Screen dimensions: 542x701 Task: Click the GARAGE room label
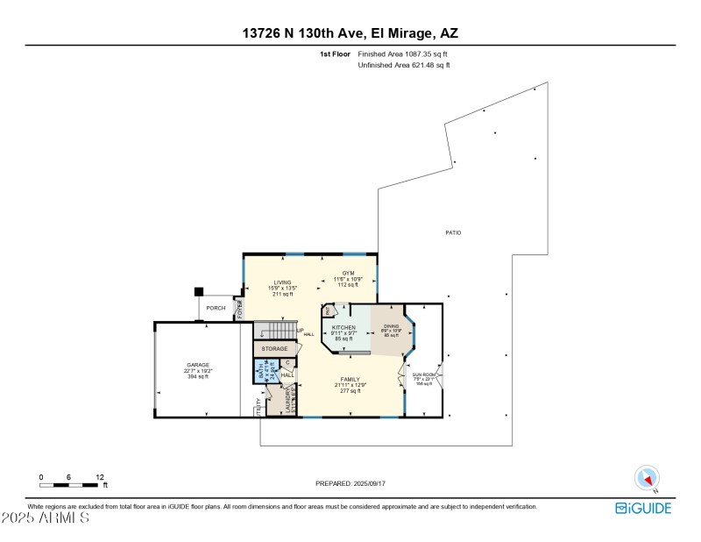click(197, 364)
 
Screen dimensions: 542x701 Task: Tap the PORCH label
click(215, 308)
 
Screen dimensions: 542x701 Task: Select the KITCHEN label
click(342, 326)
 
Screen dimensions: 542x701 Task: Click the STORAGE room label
click(274, 349)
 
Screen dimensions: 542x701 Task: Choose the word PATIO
click(452, 232)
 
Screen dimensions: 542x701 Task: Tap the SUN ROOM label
click(423, 375)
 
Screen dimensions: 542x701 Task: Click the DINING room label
click(391, 326)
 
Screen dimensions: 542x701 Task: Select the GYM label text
click(348, 273)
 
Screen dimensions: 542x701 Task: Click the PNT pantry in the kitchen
click(329, 310)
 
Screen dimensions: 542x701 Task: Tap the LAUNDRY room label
click(290, 401)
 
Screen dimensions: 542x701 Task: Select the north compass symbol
click(647, 478)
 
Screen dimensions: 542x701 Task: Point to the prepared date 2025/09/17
click(350, 483)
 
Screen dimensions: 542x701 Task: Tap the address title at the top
click(350, 33)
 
